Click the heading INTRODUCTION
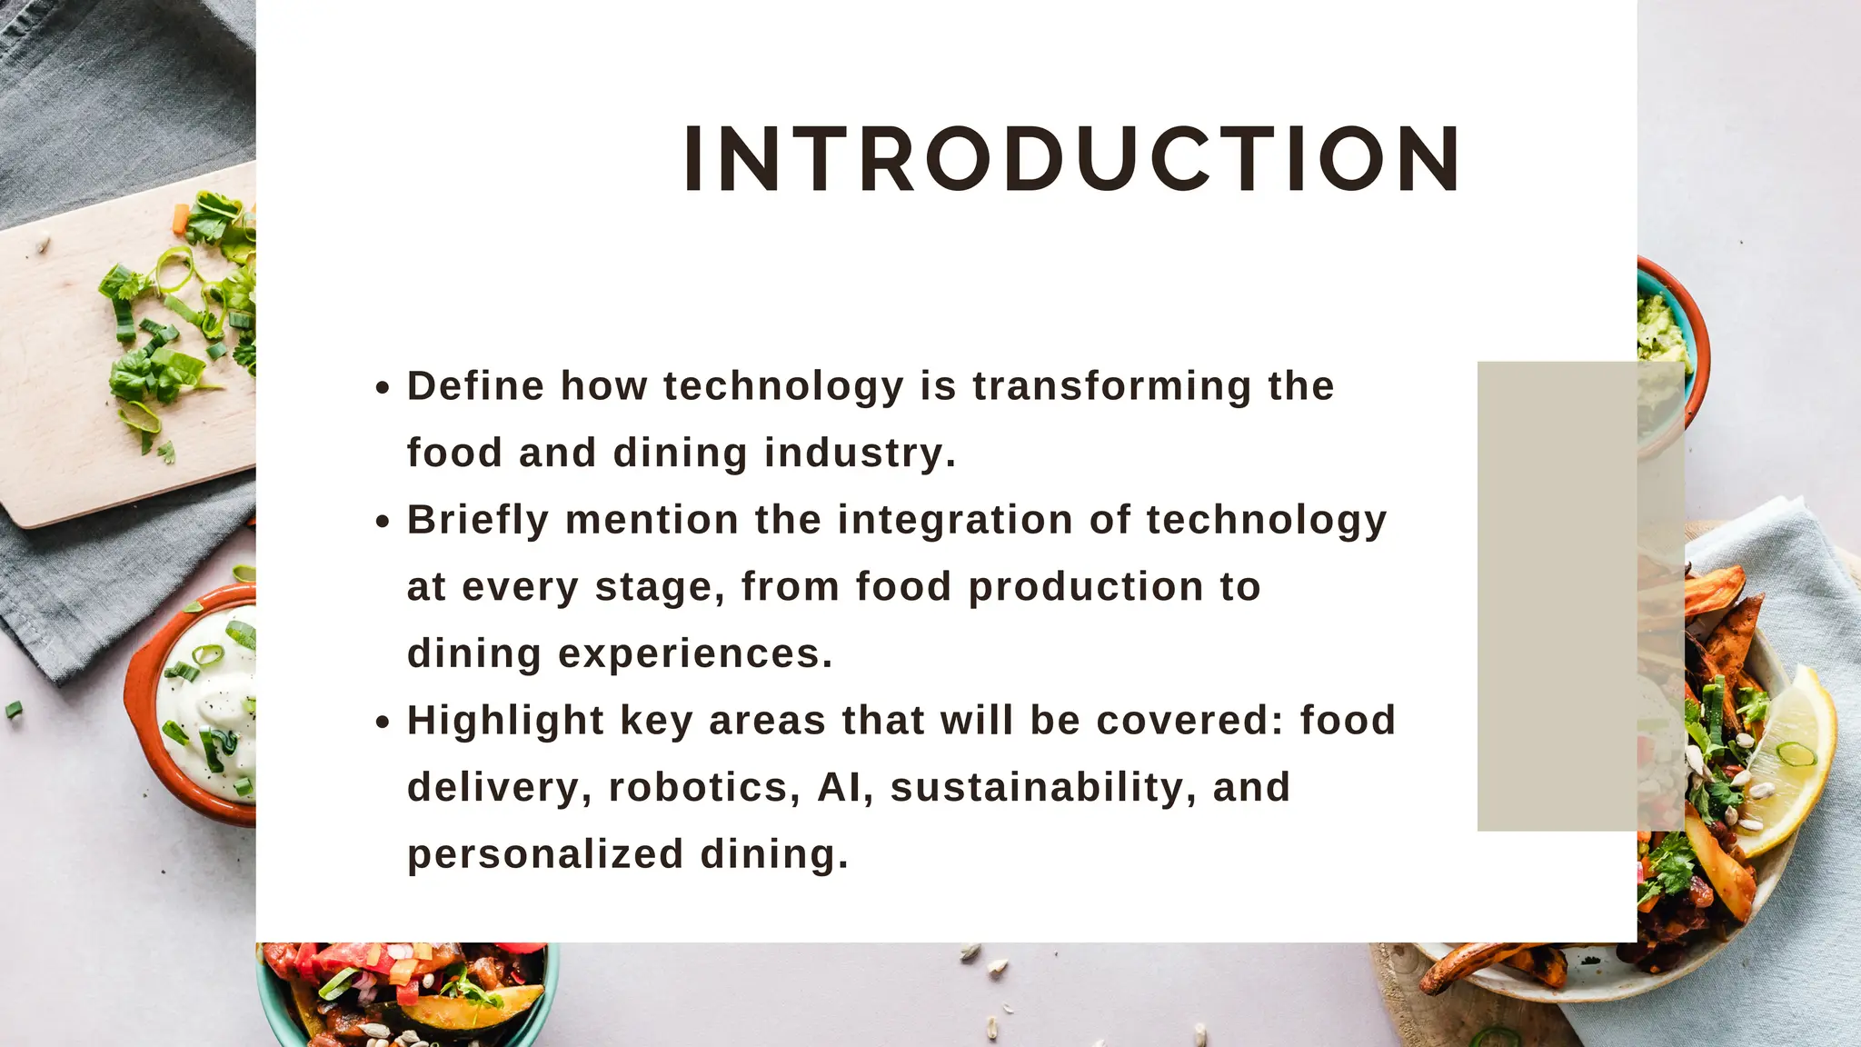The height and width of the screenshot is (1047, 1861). (1072, 159)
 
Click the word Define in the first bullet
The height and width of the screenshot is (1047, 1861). (475, 386)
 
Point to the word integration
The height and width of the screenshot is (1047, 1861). (955, 520)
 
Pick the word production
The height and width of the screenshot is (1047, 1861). (1086, 587)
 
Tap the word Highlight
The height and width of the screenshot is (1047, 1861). (505, 721)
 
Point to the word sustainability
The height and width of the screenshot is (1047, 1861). (1037, 787)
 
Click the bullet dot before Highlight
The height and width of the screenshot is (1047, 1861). (383, 723)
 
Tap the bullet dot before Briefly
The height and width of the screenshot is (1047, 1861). (383, 522)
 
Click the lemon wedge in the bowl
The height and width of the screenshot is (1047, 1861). (1786, 763)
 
